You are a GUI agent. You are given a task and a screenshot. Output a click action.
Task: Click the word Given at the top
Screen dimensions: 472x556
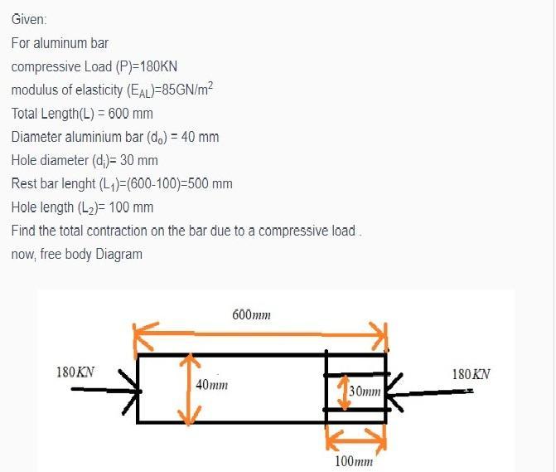click(x=29, y=19)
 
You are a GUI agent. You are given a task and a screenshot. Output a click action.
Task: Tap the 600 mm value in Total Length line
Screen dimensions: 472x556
click(x=133, y=113)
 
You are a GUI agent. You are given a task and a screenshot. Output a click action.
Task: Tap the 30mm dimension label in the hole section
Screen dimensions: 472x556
click(x=365, y=391)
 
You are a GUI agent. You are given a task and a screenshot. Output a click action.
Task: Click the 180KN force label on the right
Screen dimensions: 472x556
click(x=471, y=373)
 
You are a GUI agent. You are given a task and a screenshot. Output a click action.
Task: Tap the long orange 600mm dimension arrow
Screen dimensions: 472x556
click(x=261, y=337)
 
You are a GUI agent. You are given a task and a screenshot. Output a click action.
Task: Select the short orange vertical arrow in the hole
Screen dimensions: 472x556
click(x=341, y=392)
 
